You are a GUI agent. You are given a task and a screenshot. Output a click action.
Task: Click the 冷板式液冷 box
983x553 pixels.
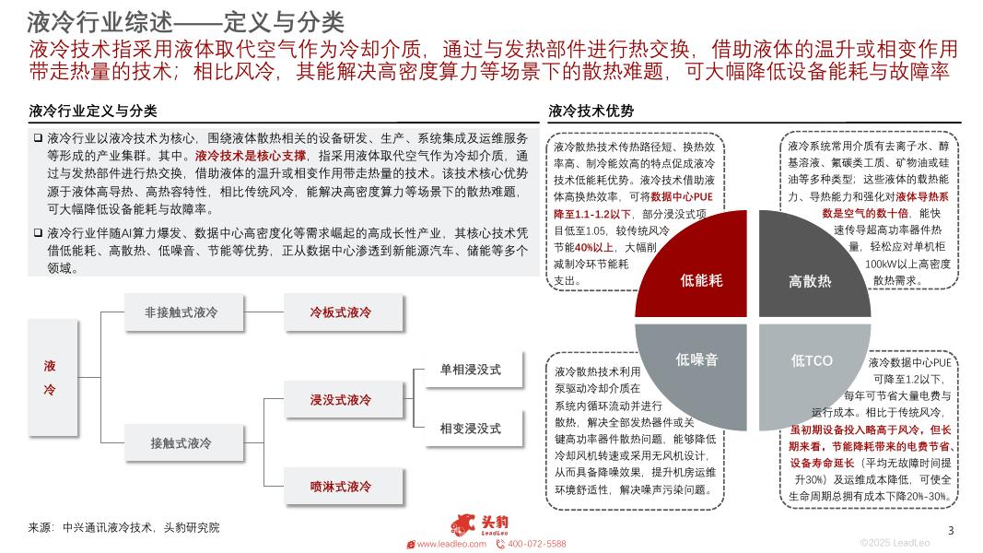click(340, 312)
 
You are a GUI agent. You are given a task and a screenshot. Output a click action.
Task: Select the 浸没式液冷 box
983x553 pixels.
click(340, 400)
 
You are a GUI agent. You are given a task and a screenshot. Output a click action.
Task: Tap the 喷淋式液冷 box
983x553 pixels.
click(340, 487)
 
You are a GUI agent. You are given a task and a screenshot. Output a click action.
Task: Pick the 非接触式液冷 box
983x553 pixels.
click(181, 312)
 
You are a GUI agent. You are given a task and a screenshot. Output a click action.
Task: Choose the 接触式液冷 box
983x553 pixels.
click(181, 443)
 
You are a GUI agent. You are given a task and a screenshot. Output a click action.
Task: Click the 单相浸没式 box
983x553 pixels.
click(470, 370)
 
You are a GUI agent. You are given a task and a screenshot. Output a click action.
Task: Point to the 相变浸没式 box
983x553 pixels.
click(470, 429)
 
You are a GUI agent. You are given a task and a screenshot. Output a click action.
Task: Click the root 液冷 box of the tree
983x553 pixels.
click(51, 378)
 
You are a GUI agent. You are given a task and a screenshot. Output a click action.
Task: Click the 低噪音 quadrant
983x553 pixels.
click(697, 360)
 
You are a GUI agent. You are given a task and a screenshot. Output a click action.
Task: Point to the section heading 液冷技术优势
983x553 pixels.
click(591, 112)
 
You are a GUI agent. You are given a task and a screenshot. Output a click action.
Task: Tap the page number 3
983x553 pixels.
click(951, 530)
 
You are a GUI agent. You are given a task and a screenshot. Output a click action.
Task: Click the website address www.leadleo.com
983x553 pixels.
click(451, 544)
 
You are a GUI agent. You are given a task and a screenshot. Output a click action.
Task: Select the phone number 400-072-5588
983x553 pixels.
click(536, 544)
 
